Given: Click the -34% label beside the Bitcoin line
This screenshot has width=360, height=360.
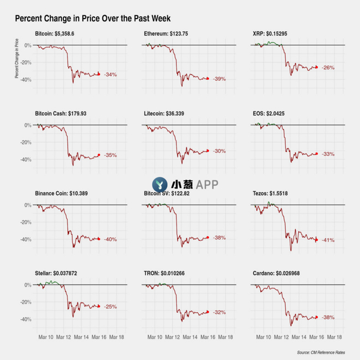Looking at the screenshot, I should click(110, 75).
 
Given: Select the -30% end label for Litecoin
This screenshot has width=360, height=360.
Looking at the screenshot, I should click(219, 151).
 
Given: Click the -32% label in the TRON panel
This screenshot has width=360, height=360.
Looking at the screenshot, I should click(219, 312).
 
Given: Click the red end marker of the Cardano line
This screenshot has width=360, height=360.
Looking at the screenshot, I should click(316, 317).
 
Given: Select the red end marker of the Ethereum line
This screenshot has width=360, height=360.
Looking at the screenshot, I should click(207, 78).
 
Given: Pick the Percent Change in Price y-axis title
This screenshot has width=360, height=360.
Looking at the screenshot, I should click(17, 59).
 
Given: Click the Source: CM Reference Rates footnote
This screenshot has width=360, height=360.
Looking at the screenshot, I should click(328, 352).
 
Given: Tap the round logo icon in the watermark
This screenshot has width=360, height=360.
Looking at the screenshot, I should click(160, 185).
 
